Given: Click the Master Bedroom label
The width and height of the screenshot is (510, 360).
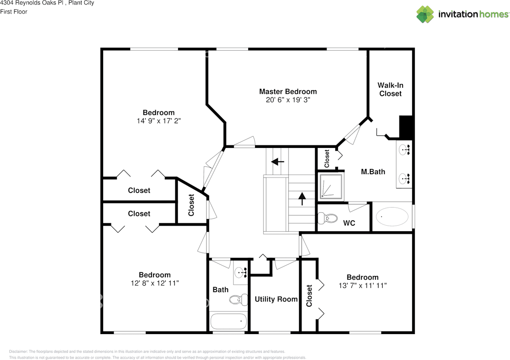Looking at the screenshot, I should pyautogui.click(x=288, y=91).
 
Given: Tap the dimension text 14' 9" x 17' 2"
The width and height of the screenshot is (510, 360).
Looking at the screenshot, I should pyautogui.click(x=159, y=121).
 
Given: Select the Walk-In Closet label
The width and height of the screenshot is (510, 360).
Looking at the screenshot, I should pyautogui.click(x=390, y=89).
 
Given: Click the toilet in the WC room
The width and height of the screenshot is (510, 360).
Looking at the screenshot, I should pyautogui.click(x=328, y=218).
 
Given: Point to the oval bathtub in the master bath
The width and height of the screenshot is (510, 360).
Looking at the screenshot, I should pyautogui.click(x=392, y=217).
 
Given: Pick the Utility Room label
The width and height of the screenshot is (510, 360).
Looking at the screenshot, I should pyautogui.click(x=276, y=299).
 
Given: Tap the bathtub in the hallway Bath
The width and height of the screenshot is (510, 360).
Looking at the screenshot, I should pyautogui.click(x=228, y=321).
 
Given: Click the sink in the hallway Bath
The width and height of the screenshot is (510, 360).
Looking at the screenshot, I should pyautogui.click(x=240, y=273).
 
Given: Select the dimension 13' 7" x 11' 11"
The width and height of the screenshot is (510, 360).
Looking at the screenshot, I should pyautogui.click(x=362, y=285).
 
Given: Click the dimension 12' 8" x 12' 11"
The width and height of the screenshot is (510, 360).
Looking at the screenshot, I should pyautogui.click(x=155, y=283).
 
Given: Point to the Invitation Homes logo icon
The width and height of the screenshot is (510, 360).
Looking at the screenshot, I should pyautogui.click(x=425, y=14).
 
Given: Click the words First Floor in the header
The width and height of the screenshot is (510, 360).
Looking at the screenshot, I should pyautogui.click(x=14, y=12).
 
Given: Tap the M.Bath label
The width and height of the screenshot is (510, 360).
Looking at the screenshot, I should pyautogui.click(x=373, y=172).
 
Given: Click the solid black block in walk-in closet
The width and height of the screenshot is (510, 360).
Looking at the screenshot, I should pyautogui.click(x=406, y=127).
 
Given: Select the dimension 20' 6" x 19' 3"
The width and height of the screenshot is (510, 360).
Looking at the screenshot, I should pyautogui.click(x=288, y=100).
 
